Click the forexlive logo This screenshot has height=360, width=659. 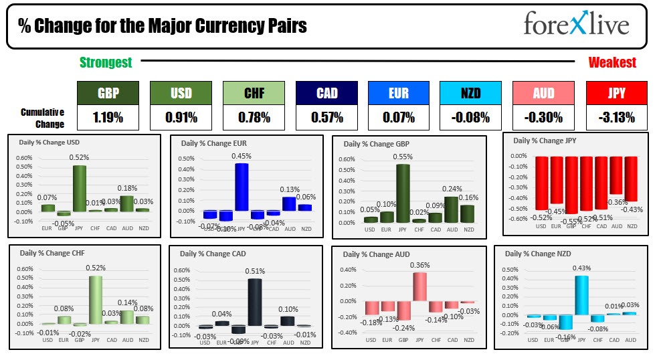point(575,25)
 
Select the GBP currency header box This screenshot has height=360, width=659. point(108,93)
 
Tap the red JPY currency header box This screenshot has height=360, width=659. point(616,93)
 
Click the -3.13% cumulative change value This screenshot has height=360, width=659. point(616,118)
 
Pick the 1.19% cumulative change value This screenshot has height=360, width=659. point(108,118)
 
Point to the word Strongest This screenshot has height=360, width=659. point(106,62)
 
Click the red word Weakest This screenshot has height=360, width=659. point(612,62)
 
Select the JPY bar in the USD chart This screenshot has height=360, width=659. point(80,188)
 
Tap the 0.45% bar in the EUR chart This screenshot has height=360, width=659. point(241,187)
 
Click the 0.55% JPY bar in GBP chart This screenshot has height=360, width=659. point(403,193)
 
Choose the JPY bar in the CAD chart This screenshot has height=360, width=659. point(254,302)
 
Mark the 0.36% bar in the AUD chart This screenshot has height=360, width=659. point(419,286)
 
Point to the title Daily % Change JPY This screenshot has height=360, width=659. point(543,141)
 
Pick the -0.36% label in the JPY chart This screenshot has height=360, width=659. point(616,201)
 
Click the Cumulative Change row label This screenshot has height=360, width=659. point(42,118)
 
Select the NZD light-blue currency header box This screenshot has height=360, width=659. point(470,93)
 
